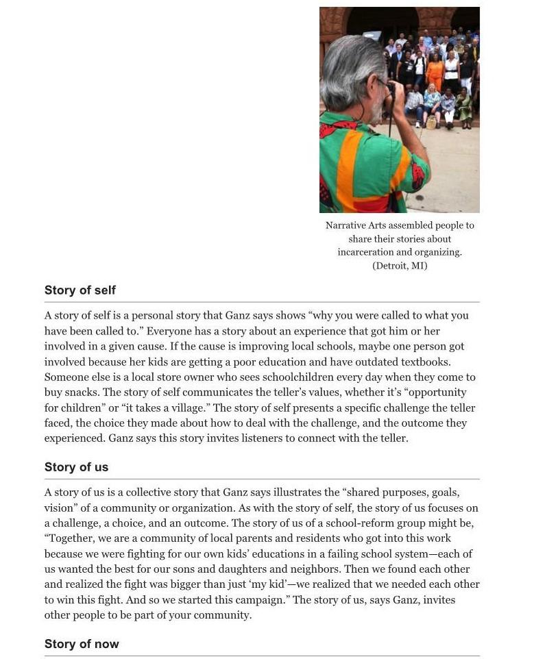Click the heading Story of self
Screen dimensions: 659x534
[80, 290]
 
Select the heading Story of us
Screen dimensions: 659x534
[76, 467]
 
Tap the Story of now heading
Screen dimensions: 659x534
[82, 644]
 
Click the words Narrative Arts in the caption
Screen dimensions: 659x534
[355, 225]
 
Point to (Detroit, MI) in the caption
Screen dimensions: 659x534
[400, 266]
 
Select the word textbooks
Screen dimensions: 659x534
[426, 362]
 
